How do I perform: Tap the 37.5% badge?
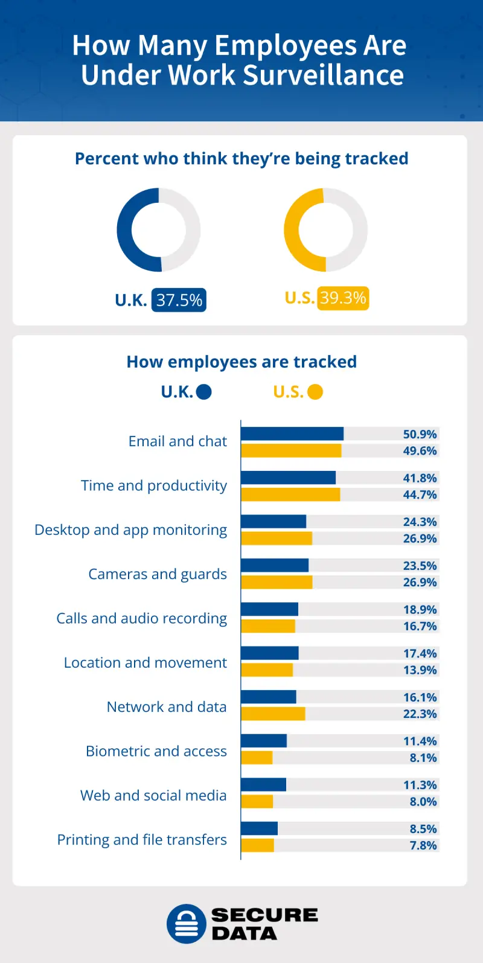pyautogui.click(x=179, y=300)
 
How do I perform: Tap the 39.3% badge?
pyautogui.click(x=342, y=298)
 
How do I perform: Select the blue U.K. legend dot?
pyautogui.click(x=204, y=392)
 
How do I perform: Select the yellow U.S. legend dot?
pyautogui.click(x=315, y=392)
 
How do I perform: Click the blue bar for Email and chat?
pyautogui.click(x=292, y=434)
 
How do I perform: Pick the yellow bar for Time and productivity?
pyautogui.click(x=290, y=494)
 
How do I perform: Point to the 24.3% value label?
pyautogui.click(x=420, y=522)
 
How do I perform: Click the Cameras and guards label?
pyautogui.click(x=158, y=574)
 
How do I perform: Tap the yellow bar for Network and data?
pyautogui.click(x=273, y=714)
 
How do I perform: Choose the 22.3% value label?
pyautogui.click(x=420, y=714)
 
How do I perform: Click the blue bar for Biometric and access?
pyautogui.click(x=264, y=741)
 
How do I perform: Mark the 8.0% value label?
pyautogui.click(x=423, y=802)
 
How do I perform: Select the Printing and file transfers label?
pyautogui.click(x=142, y=840)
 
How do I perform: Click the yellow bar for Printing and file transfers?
pyautogui.click(x=258, y=845)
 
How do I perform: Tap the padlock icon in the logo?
pyautogui.click(x=187, y=924)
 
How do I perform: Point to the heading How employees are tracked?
pyautogui.click(x=241, y=362)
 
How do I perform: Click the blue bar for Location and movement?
pyautogui.click(x=270, y=653)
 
